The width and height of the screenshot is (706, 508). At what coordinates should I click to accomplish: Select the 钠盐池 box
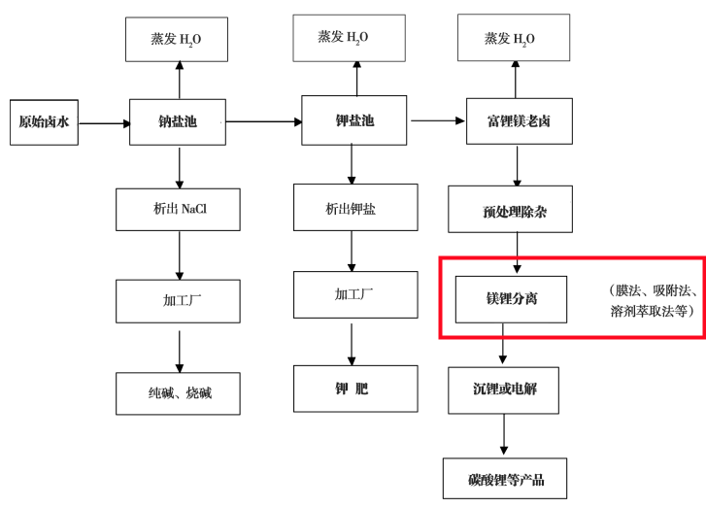click(x=178, y=122)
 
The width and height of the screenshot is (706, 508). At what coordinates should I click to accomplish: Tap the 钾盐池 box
click(x=354, y=120)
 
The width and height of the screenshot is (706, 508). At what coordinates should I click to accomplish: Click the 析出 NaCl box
click(x=178, y=209)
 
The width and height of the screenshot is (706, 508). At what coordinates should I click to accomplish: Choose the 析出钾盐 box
click(x=353, y=208)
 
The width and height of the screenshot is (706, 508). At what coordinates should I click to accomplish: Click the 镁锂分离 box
click(x=511, y=298)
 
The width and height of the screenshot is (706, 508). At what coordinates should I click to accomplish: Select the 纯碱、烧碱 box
click(x=178, y=392)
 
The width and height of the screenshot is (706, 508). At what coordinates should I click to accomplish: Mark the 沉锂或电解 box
click(x=503, y=389)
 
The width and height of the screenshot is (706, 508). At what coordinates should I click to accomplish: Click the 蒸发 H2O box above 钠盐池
click(x=177, y=40)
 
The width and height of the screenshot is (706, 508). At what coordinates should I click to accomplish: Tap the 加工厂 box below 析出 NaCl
click(x=178, y=301)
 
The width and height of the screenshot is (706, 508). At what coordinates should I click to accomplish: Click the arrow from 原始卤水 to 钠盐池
click(x=105, y=123)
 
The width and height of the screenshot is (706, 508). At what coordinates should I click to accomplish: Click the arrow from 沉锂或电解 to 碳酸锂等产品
click(x=503, y=435)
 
